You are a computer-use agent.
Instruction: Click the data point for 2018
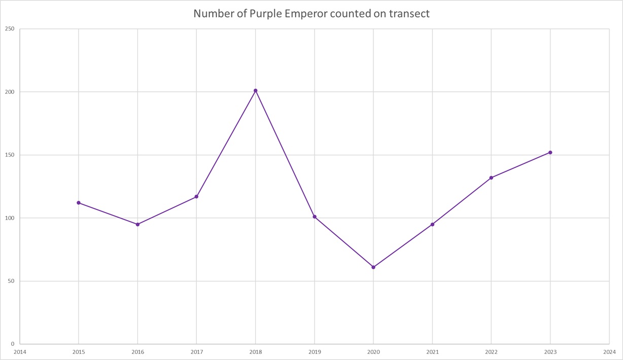click(256, 91)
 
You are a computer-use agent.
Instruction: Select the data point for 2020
click(373, 267)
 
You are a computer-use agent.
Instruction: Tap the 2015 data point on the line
click(79, 203)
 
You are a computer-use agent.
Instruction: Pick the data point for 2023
click(550, 153)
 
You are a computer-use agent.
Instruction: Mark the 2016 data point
click(137, 224)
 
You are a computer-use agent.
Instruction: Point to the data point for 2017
click(196, 197)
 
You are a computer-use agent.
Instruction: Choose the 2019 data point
click(315, 217)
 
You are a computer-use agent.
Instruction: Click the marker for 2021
click(432, 224)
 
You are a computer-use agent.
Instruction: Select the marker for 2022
click(491, 178)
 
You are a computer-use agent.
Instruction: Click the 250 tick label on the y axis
click(9, 29)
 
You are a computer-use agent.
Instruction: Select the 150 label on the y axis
click(9, 155)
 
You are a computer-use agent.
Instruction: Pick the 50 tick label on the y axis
click(11, 281)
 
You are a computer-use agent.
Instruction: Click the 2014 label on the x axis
click(20, 351)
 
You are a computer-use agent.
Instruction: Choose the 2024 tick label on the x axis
click(609, 351)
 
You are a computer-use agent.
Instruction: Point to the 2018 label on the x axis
click(256, 351)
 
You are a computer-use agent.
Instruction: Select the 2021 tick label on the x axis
click(432, 351)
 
